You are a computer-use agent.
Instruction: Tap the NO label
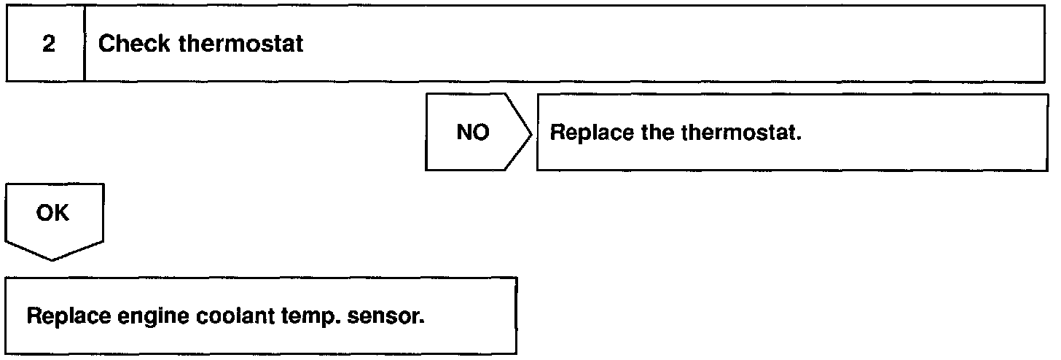(473, 134)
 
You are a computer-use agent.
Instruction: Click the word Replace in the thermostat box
(581, 134)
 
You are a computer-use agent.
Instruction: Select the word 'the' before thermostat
(641, 134)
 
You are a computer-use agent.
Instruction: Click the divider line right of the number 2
(85, 44)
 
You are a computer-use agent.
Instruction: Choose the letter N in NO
(464, 134)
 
